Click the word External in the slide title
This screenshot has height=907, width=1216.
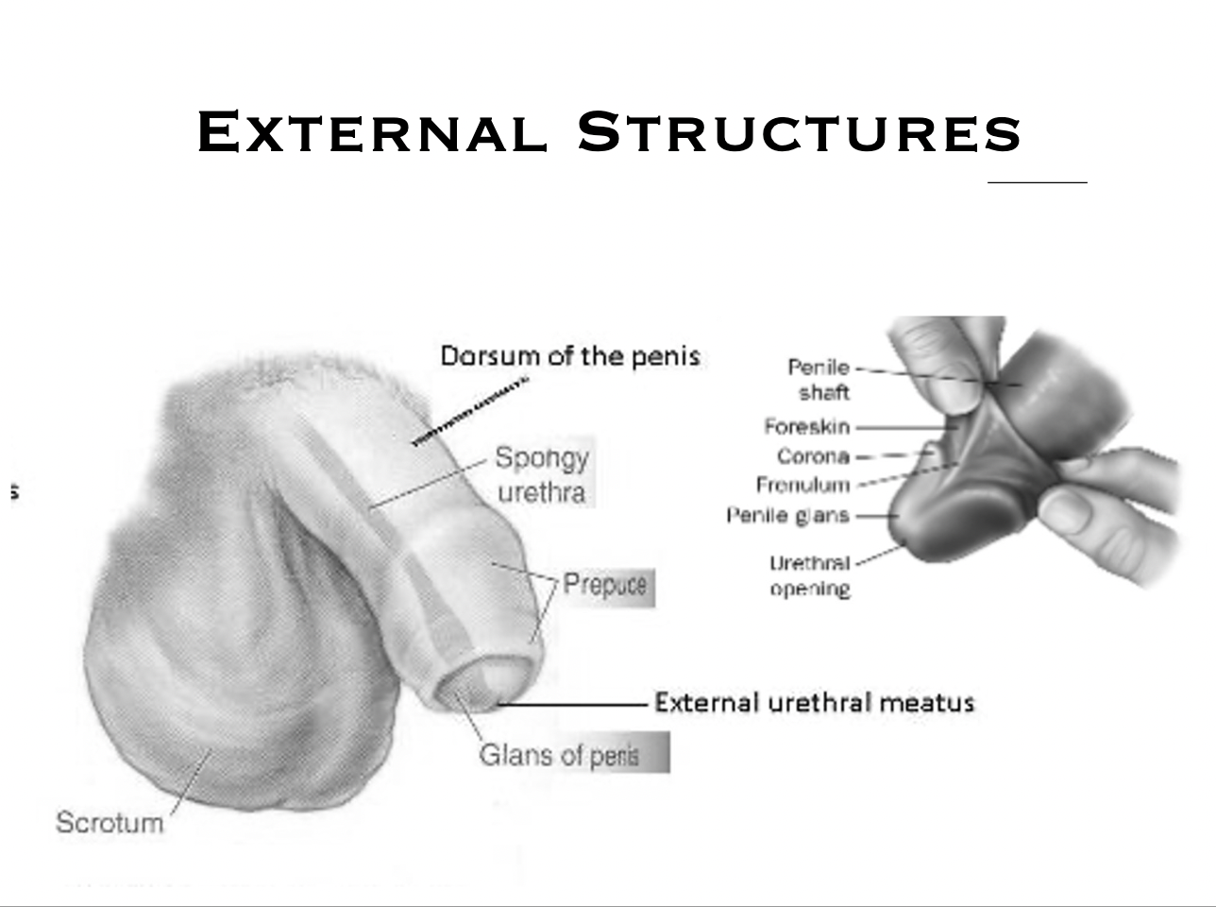click(372, 131)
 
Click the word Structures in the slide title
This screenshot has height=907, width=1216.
click(799, 131)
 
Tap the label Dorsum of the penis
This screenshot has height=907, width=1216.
click(570, 356)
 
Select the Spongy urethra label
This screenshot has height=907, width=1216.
click(542, 474)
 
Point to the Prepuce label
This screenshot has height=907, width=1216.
click(605, 585)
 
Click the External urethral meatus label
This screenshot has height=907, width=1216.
click(814, 703)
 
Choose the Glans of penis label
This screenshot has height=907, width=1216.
click(559, 755)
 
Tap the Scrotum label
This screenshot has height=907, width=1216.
click(110, 822)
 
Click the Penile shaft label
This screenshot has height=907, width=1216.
click(819, 379)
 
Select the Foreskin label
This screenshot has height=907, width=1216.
click(807, 427)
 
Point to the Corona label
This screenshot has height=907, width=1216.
click(813, 457)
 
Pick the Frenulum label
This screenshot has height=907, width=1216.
click(802, 486)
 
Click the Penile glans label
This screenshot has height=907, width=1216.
click(788, 516)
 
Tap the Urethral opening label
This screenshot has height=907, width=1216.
click(810, 576)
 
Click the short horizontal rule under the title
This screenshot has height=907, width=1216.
click(1037, 182)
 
